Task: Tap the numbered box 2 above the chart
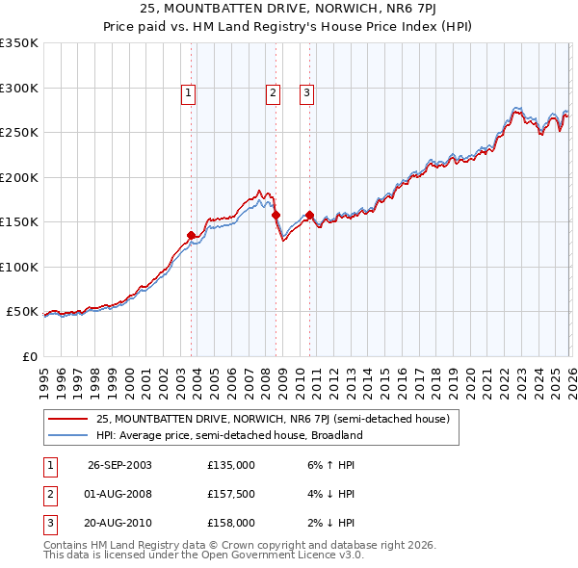[273, 93]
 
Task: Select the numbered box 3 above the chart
[306, 93]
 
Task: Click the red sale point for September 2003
[192, 235]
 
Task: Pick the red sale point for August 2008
[276, 215]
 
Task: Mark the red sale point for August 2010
[310, 215]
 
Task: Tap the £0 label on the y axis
[29, 356]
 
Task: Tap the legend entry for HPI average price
[228, 435]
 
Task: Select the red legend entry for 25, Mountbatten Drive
[273, 419]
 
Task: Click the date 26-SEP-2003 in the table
[119, 465]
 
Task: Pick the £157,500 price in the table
[230, 494]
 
